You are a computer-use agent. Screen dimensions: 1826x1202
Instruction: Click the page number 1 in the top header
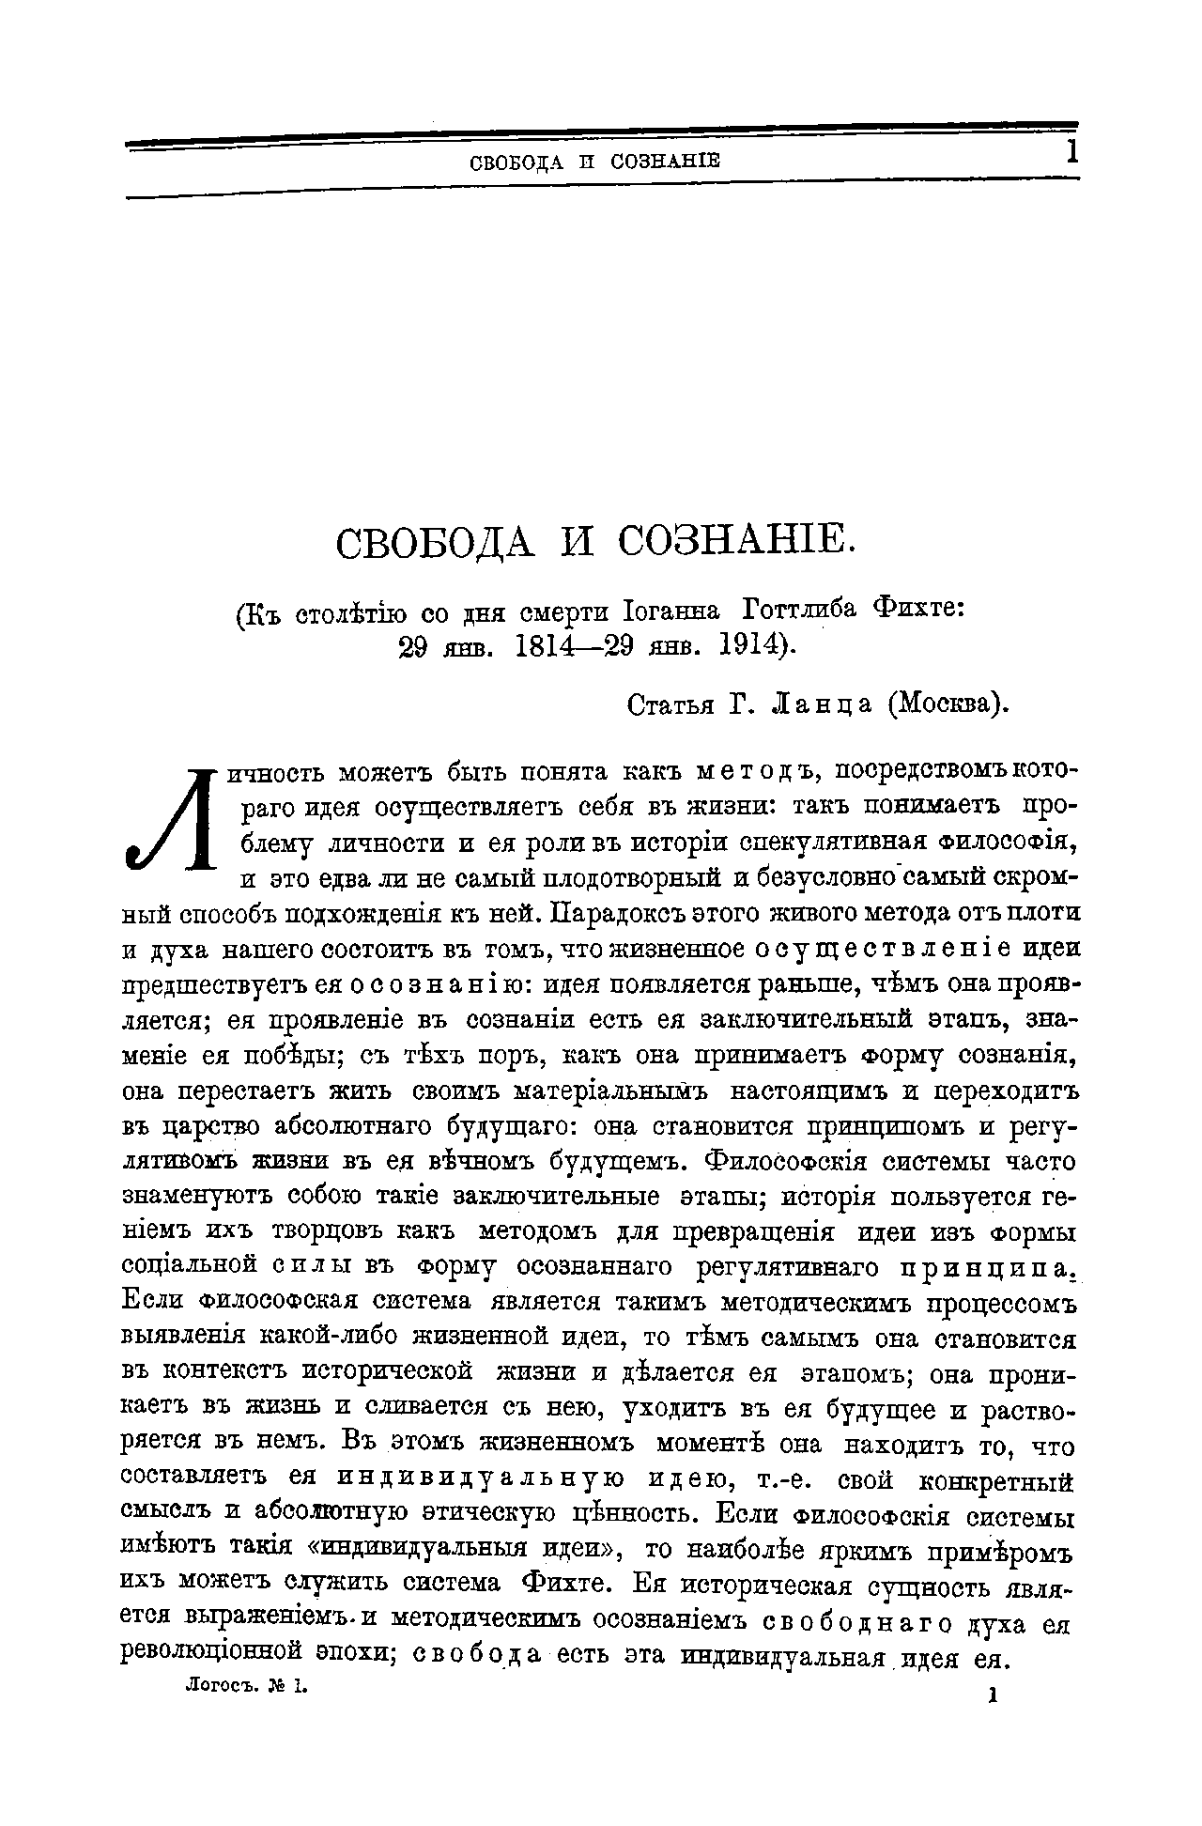[x=1071, y=152]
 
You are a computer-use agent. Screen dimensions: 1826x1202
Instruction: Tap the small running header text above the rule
[x=593, y=162]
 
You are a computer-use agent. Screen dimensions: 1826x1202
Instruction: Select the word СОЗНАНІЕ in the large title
[x=736, y=544]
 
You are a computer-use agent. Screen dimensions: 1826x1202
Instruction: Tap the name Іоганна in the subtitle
[x=670, y=611]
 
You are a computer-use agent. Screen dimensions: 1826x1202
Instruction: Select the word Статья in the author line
[x=670, y=704]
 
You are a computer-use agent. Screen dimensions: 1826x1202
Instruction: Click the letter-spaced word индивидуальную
[x=481, y=1480]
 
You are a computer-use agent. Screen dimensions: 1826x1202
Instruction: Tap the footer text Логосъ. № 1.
[x=247, y=1686]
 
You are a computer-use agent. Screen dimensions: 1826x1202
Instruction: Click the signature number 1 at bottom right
[x=992, y=1694]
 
